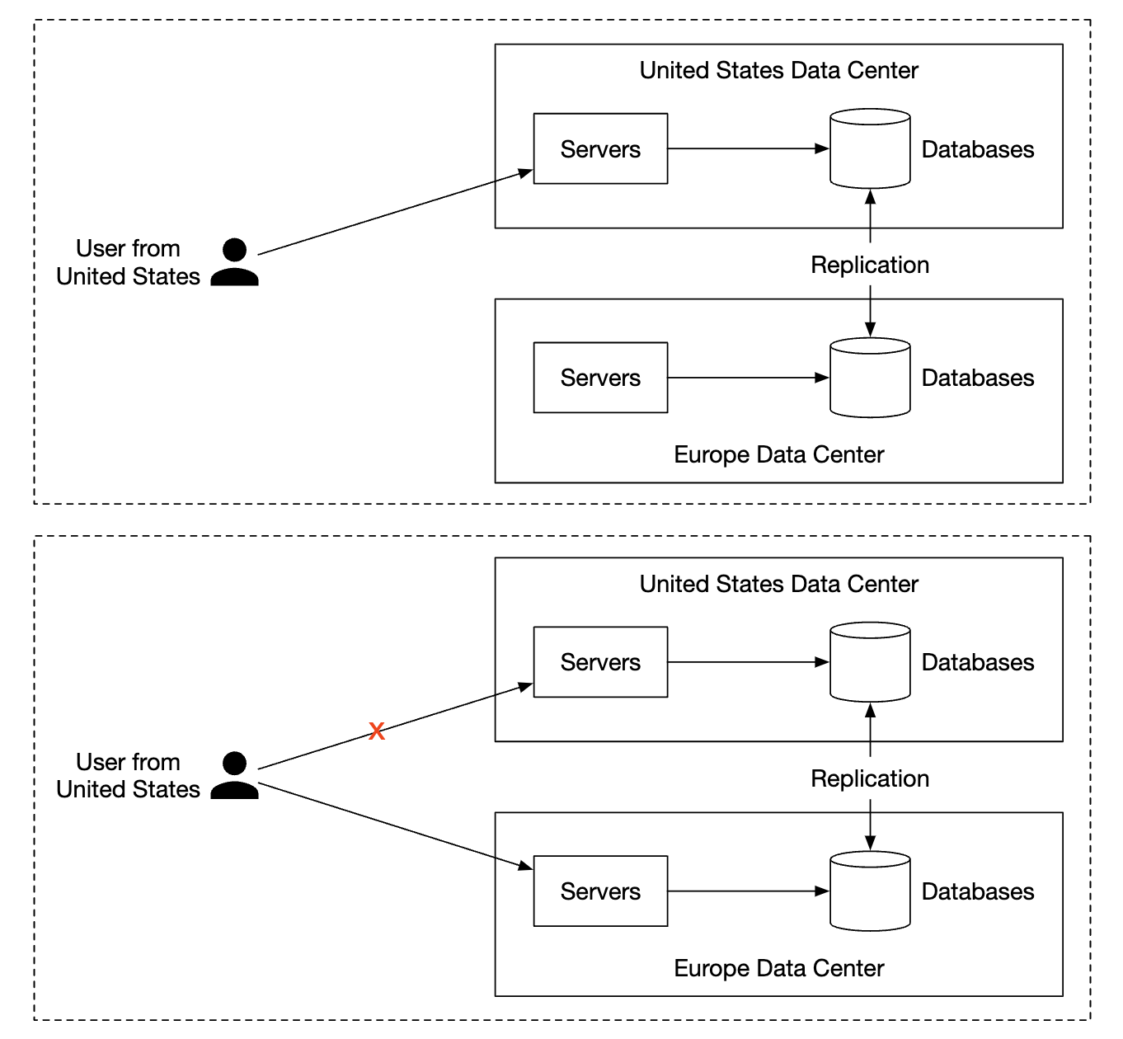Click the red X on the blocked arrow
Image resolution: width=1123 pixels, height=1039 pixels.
[x=377, y=731]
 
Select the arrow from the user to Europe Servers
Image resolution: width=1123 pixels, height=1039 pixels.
[x=396, y=825]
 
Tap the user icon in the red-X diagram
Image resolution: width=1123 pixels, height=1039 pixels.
[x=235, y=775]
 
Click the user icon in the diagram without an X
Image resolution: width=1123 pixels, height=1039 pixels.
[x=235, y=262]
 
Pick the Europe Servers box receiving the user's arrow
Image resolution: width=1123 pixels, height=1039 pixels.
[x=600, y=891]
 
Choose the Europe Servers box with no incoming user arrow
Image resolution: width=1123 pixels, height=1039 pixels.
[x=600, y=378]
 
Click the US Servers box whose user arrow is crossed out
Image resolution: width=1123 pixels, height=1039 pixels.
[x=600, y=662]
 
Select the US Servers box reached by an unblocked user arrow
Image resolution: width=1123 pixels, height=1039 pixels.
[x=600, y=149]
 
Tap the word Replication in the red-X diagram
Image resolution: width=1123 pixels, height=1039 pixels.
[x=870, y=778]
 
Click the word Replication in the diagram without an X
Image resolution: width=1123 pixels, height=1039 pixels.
[x=870, y=265]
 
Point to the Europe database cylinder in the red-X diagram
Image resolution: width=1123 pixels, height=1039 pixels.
[x=870, y=891]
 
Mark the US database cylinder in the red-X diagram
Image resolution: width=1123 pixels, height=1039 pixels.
[x=870, y=662]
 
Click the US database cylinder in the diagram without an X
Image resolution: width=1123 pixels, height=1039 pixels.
[x=870, y=149]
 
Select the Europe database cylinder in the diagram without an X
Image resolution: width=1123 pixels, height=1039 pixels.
[x=870, y=378]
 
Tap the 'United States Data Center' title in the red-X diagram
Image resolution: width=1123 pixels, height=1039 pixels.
[x=778, y=584]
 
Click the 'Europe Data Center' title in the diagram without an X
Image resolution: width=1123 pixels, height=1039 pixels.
[x=778, y=454]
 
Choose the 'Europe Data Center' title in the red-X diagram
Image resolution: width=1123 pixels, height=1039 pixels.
[x=778, y=968]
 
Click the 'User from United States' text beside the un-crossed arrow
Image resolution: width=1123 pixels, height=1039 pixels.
[x=128, y=262]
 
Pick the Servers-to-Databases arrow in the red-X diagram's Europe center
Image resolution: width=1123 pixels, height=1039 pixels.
[x=747, y=891]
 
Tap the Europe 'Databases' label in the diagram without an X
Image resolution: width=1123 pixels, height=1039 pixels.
[x=977, y=378]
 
